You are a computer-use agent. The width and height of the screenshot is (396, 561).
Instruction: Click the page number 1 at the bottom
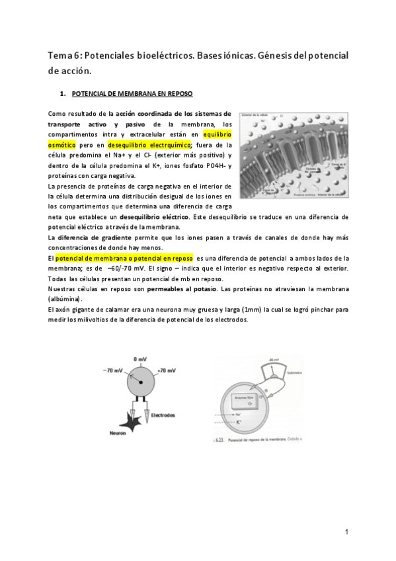(x=346, y=531)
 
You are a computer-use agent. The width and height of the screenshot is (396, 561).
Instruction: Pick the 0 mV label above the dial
(x=139, y=359)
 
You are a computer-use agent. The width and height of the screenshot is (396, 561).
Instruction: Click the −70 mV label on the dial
(x=113, y=370)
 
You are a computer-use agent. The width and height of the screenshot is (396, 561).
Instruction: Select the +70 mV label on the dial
(x=167, y=370)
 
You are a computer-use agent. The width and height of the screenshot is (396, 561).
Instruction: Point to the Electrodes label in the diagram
(x=163, y=415)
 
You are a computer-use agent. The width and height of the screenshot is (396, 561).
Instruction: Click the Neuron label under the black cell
(x=118, y=433)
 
